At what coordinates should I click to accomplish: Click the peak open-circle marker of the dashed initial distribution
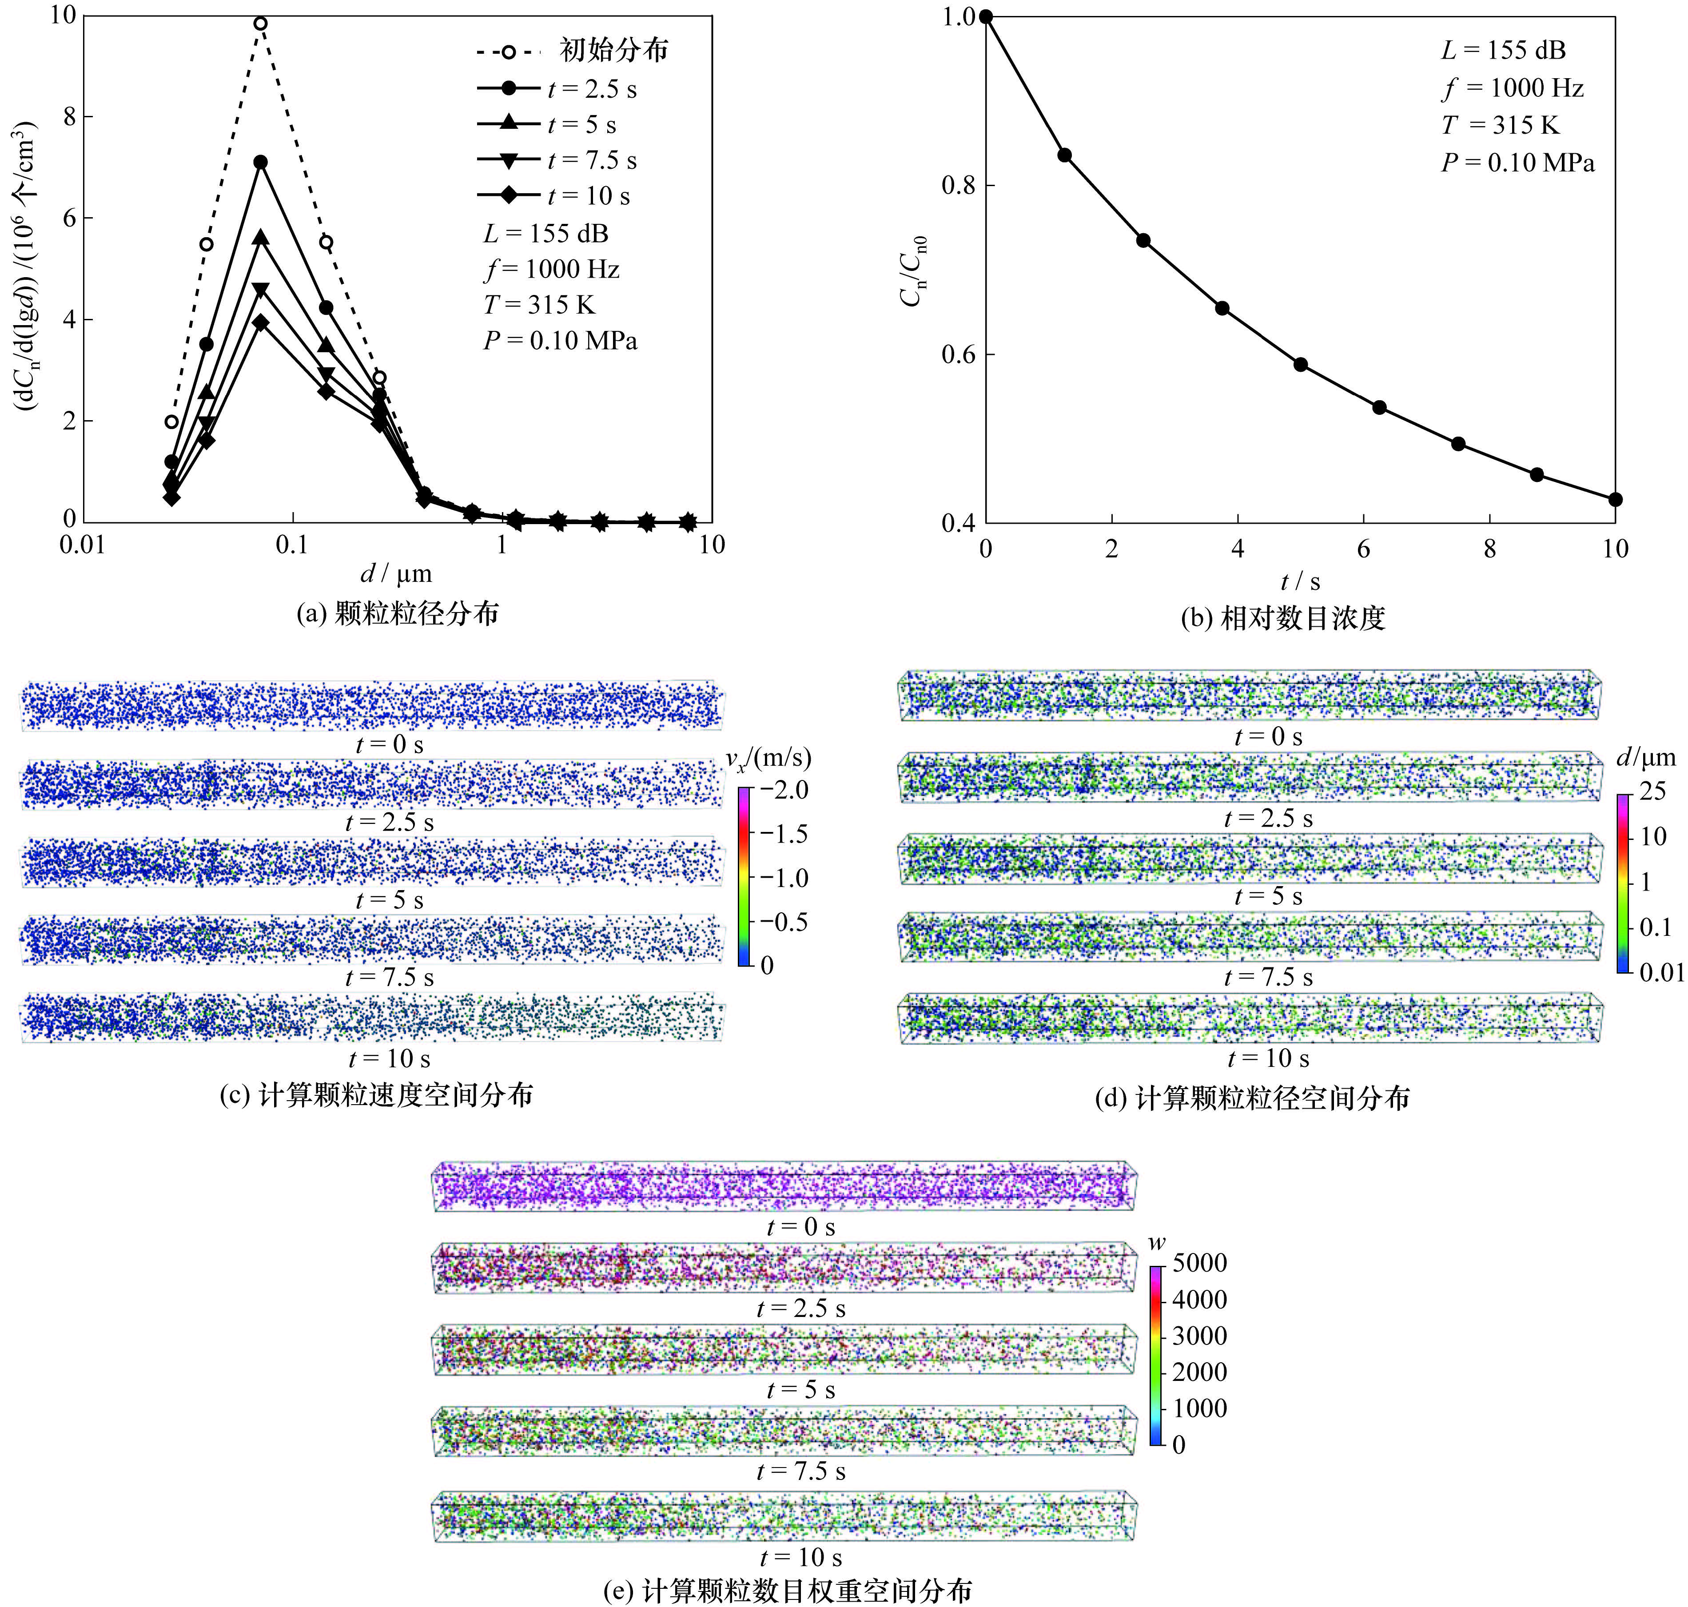(260, 23)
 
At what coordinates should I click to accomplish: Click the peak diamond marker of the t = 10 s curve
(260, 322)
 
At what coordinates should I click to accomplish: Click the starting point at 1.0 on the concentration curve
(986, 16)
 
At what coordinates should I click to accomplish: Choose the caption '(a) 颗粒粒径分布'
(398, 613)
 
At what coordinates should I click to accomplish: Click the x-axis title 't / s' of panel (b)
(1300, 582)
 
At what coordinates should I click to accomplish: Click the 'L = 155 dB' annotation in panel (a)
(546, 233)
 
